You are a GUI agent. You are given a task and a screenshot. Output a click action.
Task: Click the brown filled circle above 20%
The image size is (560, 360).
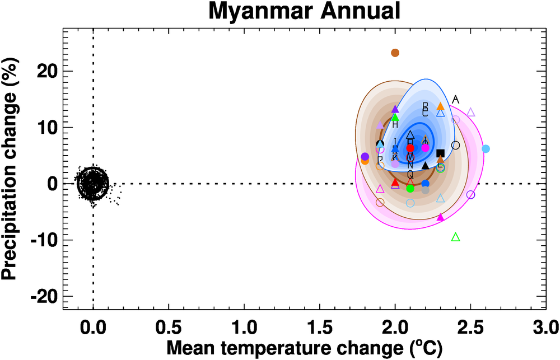395,53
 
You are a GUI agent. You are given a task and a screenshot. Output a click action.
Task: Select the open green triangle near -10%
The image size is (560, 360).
455,237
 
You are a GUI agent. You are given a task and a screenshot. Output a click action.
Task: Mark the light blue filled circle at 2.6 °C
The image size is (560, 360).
486,149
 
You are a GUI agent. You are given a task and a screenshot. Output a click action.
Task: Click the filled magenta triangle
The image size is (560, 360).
440,217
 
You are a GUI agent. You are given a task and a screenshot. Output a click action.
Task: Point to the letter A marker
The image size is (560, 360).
455,100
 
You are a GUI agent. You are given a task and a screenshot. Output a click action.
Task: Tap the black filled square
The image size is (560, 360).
440,153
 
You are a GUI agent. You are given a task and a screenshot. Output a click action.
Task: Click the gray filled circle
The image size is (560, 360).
426,190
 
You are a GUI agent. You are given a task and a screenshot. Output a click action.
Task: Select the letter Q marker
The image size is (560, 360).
410,175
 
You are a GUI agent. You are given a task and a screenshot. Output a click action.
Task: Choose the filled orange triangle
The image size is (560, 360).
440,106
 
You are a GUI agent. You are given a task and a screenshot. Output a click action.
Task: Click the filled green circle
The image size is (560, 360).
410,188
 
